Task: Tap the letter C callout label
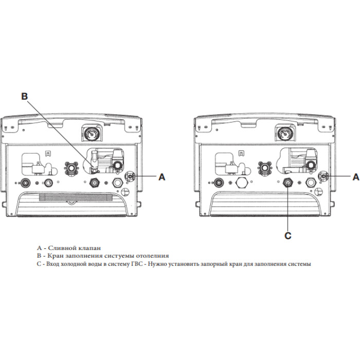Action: (287, 236)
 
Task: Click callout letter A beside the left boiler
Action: (161, 176)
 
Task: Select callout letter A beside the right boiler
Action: (355, 176)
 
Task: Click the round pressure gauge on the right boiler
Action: (282, 135)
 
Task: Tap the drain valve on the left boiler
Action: (130, 176)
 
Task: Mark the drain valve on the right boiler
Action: (323, 176)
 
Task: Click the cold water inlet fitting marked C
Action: (288, 182)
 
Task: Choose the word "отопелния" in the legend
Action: (151, 256)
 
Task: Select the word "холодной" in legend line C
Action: (74, 264)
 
